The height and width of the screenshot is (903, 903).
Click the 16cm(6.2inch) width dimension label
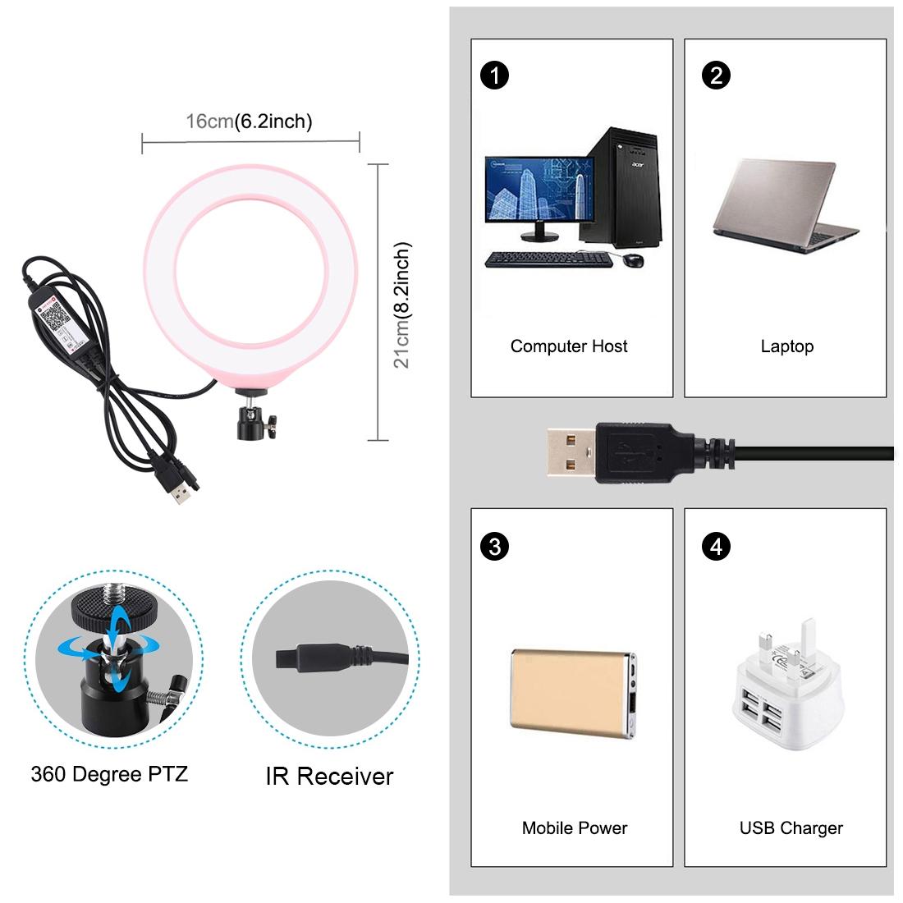(x=249, y=121)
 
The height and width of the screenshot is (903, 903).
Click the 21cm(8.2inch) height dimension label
(x=401, y=305)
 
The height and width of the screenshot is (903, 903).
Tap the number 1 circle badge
(x=494, y=76)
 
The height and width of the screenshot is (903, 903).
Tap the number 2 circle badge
(x=716, y=76)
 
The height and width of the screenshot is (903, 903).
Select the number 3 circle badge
(x=494, y=547)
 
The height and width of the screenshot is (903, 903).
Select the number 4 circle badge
(x=716, y=547)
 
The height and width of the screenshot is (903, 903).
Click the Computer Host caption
(x=569, y=346)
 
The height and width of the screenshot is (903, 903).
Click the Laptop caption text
(x=786, y=346)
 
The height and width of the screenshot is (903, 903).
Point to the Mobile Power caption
(x=574, y=828)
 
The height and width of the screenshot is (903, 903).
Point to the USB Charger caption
(x=791, y=828)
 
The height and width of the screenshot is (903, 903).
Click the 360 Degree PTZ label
(x=109, y=773)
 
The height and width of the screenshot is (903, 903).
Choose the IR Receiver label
(x=329, y=777)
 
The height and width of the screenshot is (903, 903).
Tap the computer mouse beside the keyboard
(x=632, y=259)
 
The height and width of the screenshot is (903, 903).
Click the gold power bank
(x=572, y=692)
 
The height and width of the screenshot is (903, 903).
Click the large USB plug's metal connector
(x=572, y=453)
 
